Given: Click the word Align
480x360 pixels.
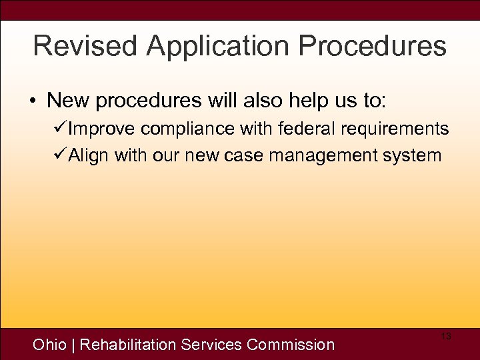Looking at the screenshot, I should (89, 155).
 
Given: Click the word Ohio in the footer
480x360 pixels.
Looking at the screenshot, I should (50, 345).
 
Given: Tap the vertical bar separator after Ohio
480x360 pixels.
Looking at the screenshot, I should (73, 345).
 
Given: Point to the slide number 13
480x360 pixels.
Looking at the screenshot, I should (446, 337).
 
